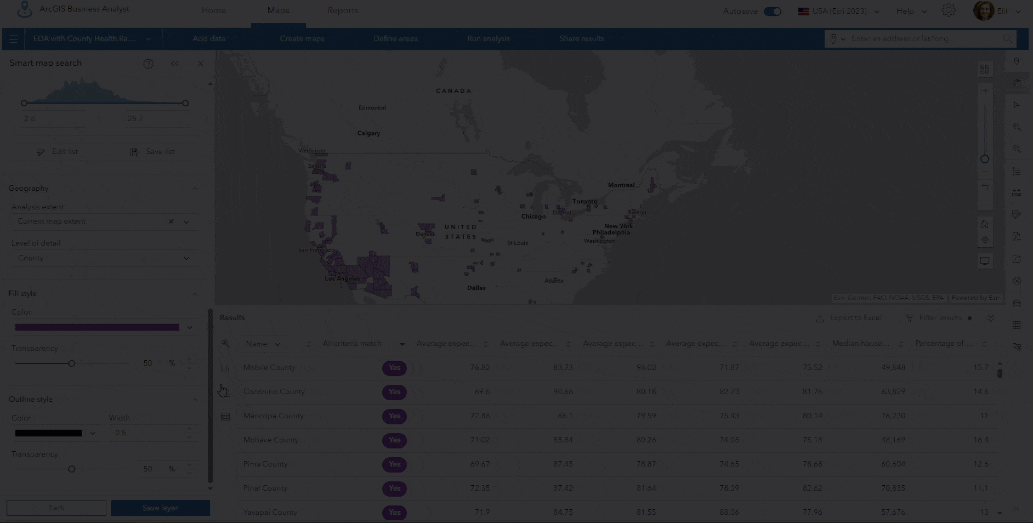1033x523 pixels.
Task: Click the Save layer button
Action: point(160,508)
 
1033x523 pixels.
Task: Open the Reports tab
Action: point(342,10)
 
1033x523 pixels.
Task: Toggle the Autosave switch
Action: point(773,11)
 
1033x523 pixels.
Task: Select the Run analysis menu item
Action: point(488,38)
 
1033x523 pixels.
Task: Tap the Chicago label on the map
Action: point(533,217)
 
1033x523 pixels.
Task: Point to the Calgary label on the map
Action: point(368,133)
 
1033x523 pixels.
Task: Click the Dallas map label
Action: point(476,288)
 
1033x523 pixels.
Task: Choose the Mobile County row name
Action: point(269,367)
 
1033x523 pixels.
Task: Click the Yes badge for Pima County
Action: point(394,464)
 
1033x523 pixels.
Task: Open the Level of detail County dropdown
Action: point(103,258)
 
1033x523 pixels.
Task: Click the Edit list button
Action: point(58,152)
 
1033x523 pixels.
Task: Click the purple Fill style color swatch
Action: point(97,327)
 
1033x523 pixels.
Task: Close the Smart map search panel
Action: point(200,64)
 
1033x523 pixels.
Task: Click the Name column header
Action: point(257,344)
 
